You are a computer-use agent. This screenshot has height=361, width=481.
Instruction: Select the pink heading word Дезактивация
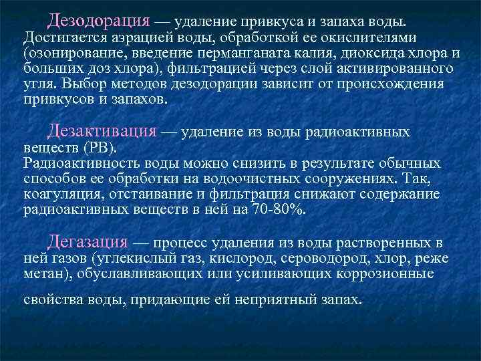pos(102,131)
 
